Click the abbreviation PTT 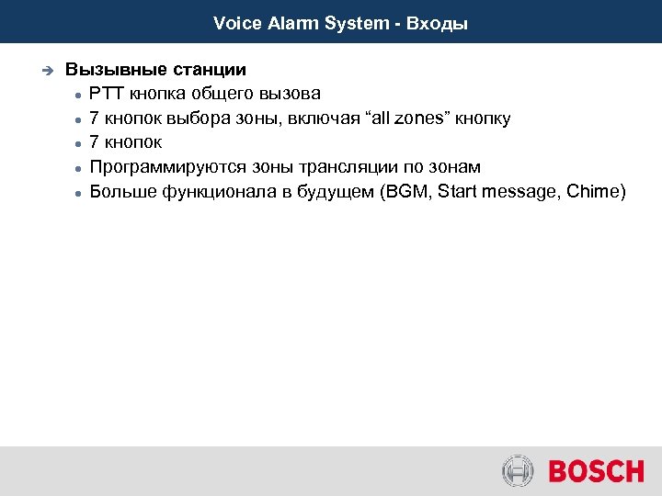click(x=108, y=94)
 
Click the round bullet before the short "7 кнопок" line click(x=80, y=144)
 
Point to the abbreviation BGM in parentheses click(x=409, y=192)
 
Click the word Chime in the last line click(x=597, y=192)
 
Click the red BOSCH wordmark click(x=596, y=472)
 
